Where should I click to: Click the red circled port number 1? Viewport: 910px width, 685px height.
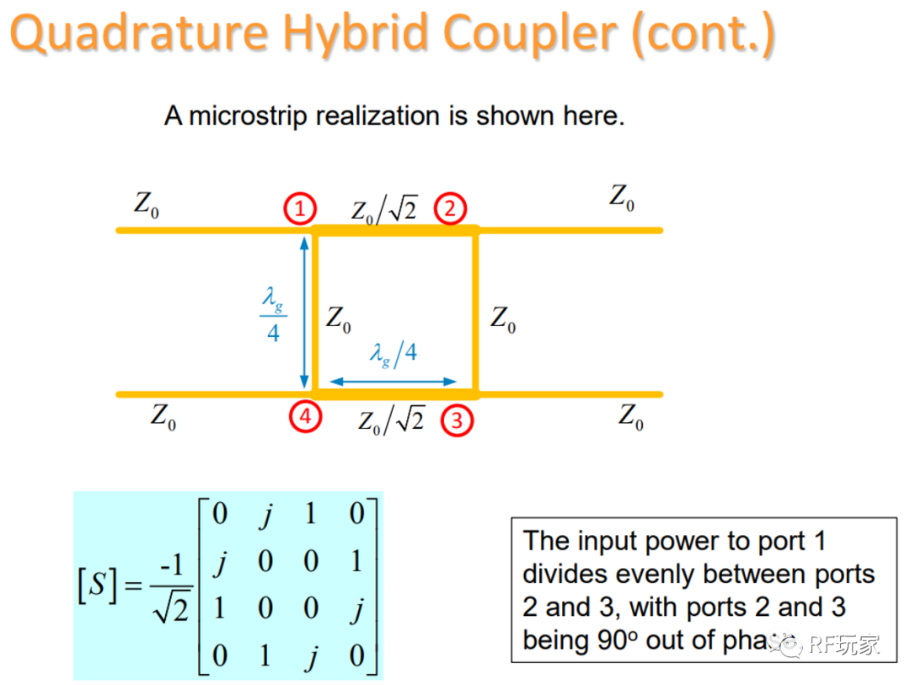pos(300,208)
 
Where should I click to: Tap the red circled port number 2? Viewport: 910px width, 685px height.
pos(450,208)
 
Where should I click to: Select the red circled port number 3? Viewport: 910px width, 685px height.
pos(457,420)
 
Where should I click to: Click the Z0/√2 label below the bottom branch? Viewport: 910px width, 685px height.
pos(391,419)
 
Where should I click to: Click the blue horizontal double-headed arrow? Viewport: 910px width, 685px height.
pos(393,382)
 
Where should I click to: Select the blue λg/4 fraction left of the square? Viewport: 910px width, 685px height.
pos(272,313)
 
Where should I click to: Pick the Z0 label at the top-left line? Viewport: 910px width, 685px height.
pos(146,205)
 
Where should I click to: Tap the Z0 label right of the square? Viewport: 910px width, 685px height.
pos(503,319)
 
